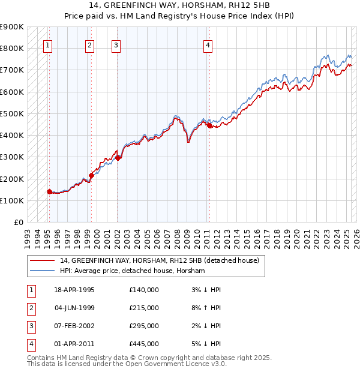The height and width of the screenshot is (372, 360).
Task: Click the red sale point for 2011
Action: (x=209, y=125)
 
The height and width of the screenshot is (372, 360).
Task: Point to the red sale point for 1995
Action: (x=50, y=192)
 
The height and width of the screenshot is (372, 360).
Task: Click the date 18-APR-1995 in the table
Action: (x=74, y=290)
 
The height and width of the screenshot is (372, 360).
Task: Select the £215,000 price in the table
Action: (x=143, y=308)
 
